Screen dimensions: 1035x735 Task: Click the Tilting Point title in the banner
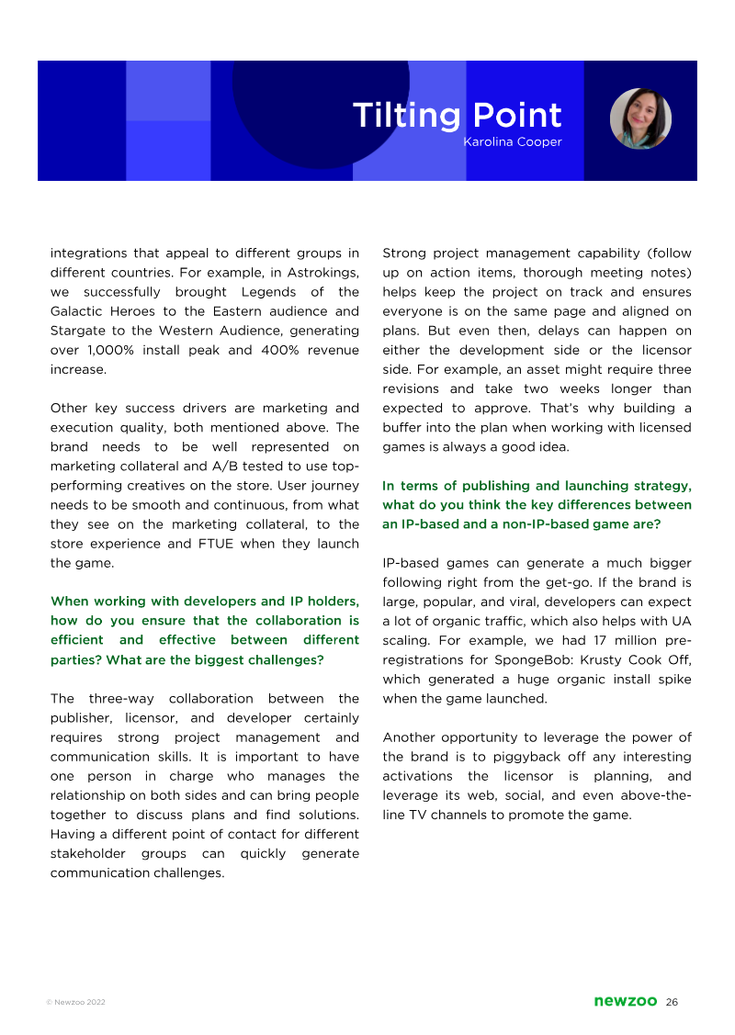(457, 116)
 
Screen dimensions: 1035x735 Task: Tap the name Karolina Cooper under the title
(513, 142)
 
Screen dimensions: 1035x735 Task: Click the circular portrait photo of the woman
(640, 119)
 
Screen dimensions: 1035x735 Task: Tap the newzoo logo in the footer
(625, 1001)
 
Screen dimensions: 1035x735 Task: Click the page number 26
(673, 1001)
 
